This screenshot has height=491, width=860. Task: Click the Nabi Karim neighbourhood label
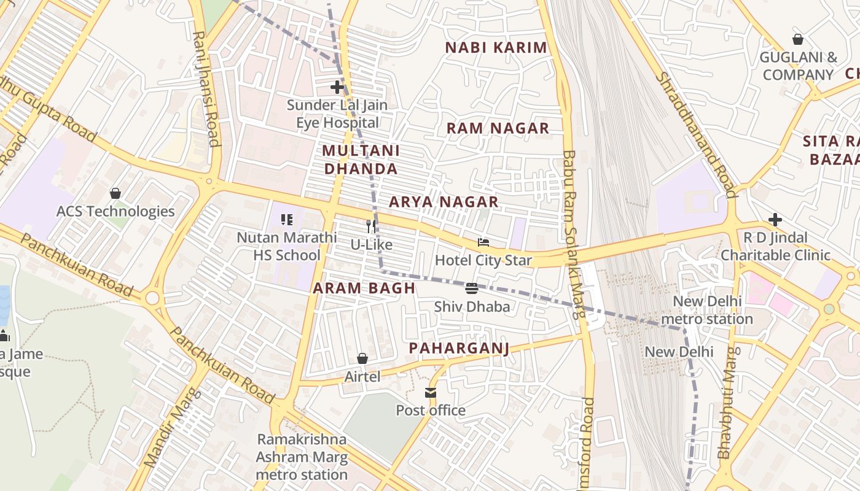pyautogui.click(x=496, y=48)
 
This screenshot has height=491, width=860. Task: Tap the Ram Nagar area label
pyautogui.click(x=498, y=128)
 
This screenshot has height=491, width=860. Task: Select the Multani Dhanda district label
pyautogui.click(x=361, y=160)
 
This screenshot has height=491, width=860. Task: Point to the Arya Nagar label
pyautogui.click(x=444, y=202)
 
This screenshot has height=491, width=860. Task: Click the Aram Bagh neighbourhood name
pyautogui.click(x=364, y=288)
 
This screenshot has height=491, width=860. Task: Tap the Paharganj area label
pyautogui.click(x=459, y=349)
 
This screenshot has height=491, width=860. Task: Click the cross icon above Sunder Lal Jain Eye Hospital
pyautogui.click(x=337, y=87)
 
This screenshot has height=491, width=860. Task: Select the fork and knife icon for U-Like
pyautogui.click(x=370, y=226)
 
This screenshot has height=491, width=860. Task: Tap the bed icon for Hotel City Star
pyautogui.click(x=483, y=243)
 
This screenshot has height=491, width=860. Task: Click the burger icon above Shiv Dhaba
pyautogui.click(x=472, y=288)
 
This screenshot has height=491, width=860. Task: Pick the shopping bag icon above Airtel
pyautogui.click(x=362, y=358)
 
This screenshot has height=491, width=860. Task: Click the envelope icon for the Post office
pyautogui.click(x=431, y=393)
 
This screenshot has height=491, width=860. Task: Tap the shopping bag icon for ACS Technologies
pyautogui.click(x=115, y=193)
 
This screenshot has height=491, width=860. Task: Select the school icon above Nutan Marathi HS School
pyautogui.click(x=286, y=219)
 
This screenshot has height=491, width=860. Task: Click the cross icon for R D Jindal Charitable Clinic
pyautogui.click(x=775, y=220)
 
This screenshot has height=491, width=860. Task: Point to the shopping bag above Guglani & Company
pyautogui.click(x=798, y=39)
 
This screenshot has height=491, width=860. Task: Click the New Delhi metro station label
pyautogui.click(x=707, y=310)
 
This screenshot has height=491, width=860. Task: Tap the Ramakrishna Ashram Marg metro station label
pyautogui.click(x=302, y=457)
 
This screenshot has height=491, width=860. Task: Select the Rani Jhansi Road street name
pyautogui.click(x=205, y=89)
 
